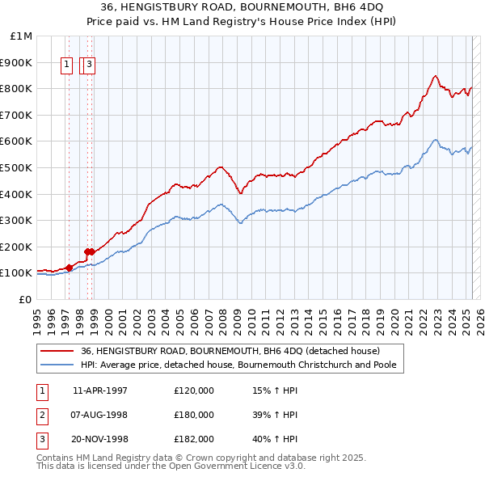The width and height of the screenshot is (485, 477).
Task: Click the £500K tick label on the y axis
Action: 17,167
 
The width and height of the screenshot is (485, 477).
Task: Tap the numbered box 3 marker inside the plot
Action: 89,66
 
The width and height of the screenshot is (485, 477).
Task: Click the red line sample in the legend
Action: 56,350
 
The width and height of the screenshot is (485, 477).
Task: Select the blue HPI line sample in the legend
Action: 56,365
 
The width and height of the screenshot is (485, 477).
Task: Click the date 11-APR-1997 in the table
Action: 99,390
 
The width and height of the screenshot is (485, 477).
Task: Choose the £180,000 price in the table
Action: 194,415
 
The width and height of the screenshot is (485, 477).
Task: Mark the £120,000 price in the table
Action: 194,390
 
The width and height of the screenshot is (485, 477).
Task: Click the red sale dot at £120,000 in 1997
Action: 70,267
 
